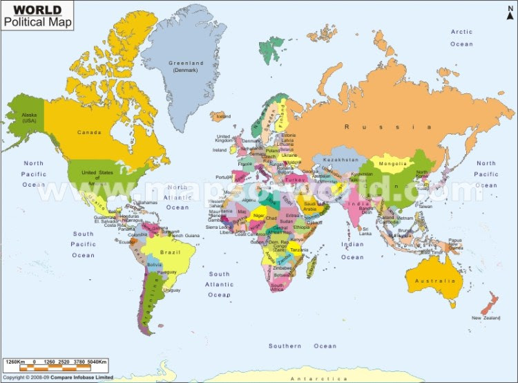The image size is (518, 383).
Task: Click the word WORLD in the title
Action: click(x=32, y=10)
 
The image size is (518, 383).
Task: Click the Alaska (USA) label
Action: click(x=28, y=119)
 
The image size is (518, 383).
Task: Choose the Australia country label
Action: click(x=434, y=281)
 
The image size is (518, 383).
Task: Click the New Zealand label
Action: click(x=485, y=318)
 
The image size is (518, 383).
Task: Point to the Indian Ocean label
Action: click(x=352, y=250)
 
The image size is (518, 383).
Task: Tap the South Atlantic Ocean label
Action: click(x=220, y=284)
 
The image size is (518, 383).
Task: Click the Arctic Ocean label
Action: click(x=462, y=37)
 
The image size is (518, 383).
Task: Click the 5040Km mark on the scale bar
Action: click(x=97, y=362)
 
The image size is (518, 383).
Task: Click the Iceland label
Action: click(x=223, y=117)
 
